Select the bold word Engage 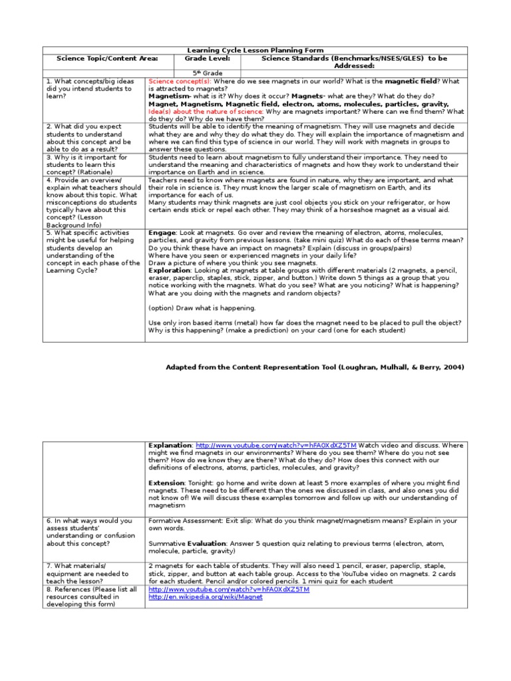[162, 233]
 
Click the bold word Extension [166, 482]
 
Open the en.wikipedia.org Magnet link [206, 597]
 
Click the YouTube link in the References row [229, 589]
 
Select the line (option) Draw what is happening [202, 308]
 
